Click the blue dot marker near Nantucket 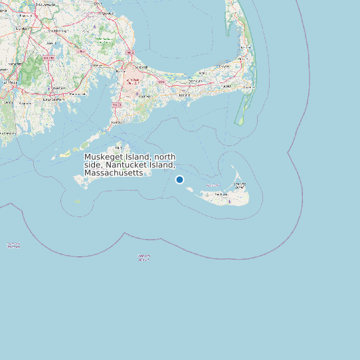(x=179, y=179)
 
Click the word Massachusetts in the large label (x=113, y=173)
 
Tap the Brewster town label (x=225, y=68)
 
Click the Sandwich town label (x=141, y=66)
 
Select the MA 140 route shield (x=48, y=58)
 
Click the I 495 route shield (x=81, y=52)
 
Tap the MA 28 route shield (x=116, y=105)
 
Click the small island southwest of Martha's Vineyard (x=77, y=201)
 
